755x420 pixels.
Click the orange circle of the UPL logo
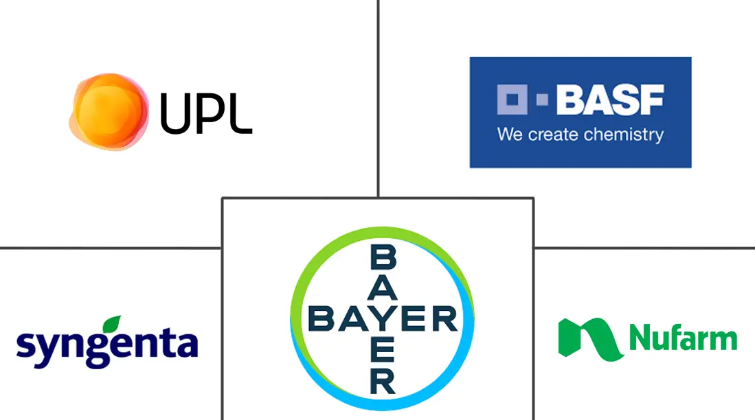click(109, 112)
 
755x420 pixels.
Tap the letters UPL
click(205, 113)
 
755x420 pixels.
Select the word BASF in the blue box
click(611, 100)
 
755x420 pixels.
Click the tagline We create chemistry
click(581, 135)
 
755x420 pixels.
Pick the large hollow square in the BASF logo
click(512, 100)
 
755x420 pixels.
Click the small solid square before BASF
click(542, 100)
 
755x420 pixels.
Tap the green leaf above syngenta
click(113, 323)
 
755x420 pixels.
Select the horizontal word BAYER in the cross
click(383, 318)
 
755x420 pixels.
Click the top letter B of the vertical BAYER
click(383, 257)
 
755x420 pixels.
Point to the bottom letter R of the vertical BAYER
click(383, 382)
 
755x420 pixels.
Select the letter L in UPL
click(241, 113)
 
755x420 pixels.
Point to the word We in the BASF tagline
click(510, 135)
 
